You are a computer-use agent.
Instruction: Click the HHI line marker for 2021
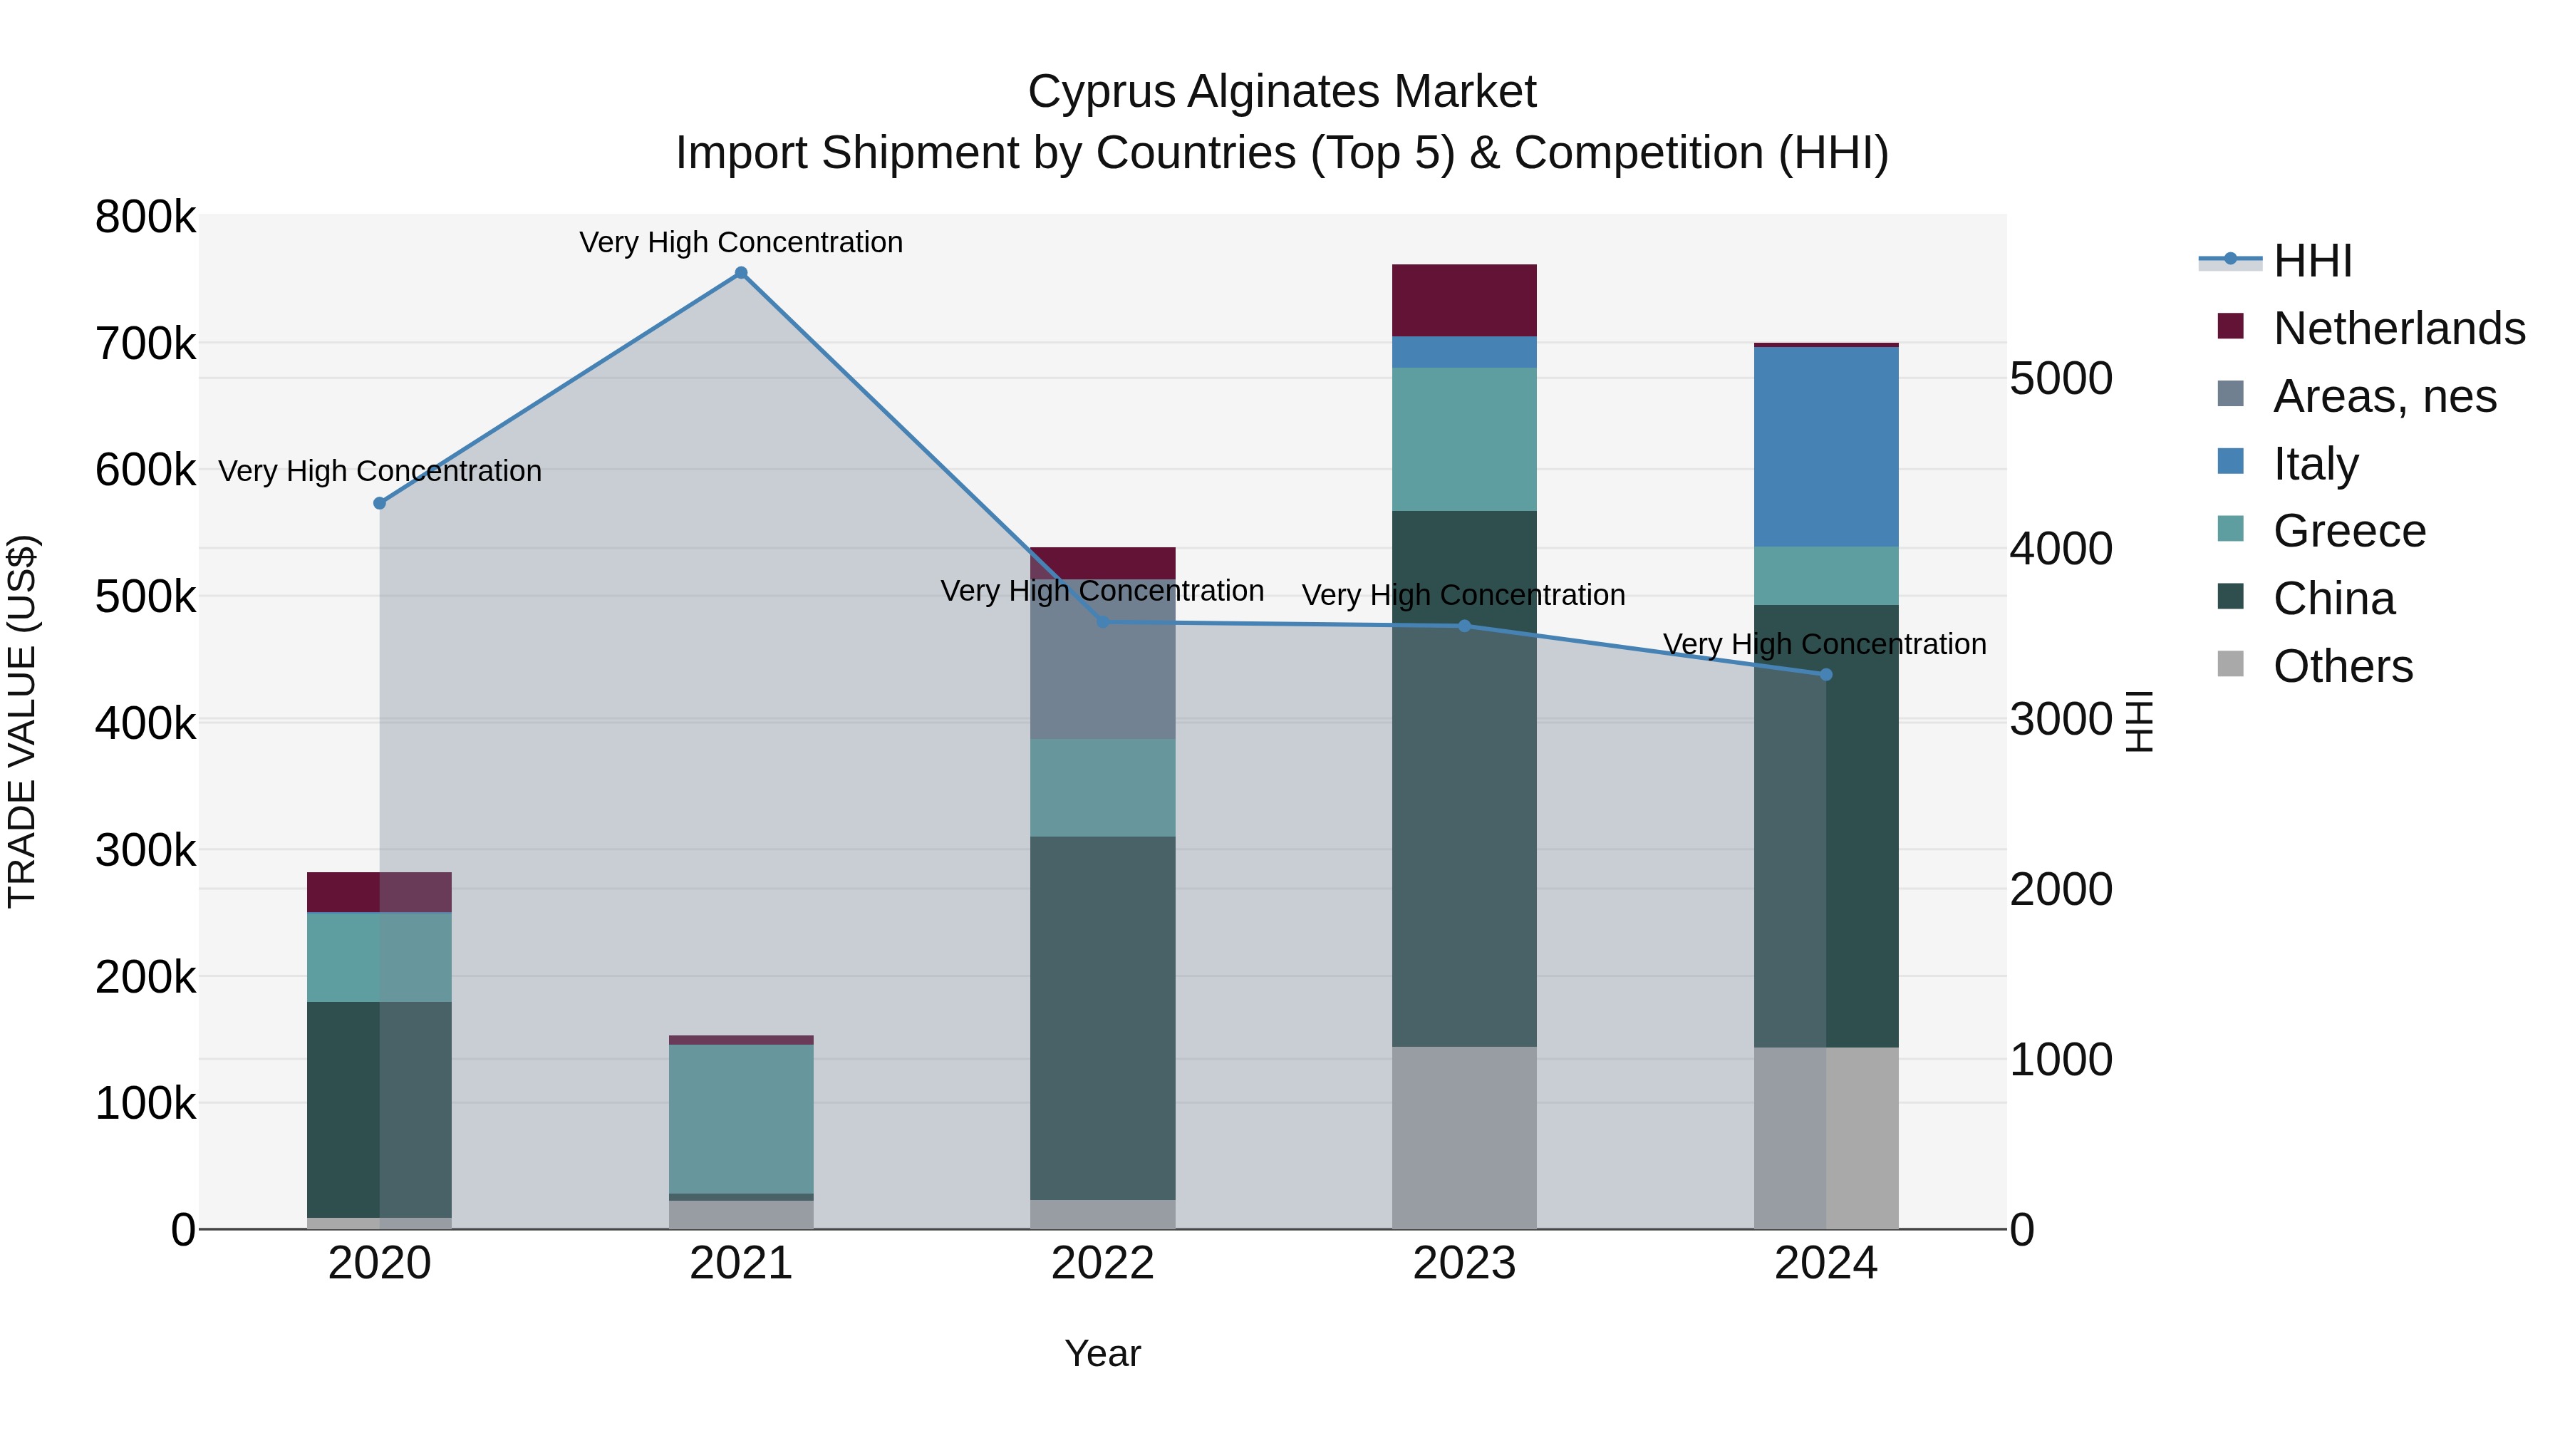[x=741, y=273]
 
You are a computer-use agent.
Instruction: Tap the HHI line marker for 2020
[x=379, y=503]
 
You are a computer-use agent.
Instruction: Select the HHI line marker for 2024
[x=1825, y=674]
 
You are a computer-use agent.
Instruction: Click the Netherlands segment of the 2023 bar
[x=1463, y=300]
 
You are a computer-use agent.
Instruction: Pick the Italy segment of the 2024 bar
[x=1825, y=446]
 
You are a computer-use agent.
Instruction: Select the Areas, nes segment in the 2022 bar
[x=1102, y=659]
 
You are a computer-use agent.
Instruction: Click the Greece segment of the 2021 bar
[x=741, y=1118]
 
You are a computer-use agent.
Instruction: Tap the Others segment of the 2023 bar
[x=1463, y=1137]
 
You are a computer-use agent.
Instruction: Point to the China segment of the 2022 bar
[x=1102, y=1017]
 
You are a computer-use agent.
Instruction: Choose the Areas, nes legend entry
[x=2384, y=396]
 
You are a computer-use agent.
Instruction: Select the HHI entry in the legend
[x=2312, y=261]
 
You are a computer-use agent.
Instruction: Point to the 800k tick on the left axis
[x=145, y=217]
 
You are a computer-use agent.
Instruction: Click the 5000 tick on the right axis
[x=2060, y=378]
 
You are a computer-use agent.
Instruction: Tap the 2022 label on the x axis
[x=1102, y=1263]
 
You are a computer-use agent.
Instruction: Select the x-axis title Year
[x=1102, y=1353]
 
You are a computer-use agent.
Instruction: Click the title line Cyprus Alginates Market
[x=1282, y=92]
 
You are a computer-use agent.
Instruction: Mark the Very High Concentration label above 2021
[x=741, y=242]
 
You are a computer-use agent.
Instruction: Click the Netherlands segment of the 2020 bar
[x=379, y=891]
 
